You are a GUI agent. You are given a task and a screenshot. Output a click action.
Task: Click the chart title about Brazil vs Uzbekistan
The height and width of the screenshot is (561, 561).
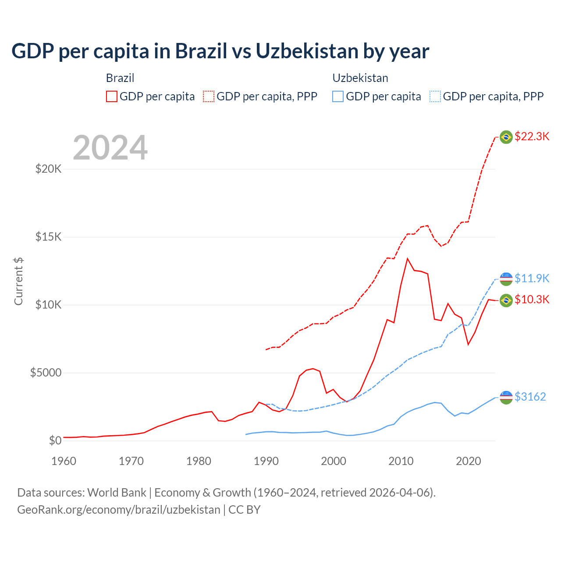tap(220, 51)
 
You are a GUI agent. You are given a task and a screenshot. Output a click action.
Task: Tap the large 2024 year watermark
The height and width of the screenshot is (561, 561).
tap(110, 148)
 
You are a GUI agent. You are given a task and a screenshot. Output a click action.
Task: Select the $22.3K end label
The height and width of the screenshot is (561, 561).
tap(532, 136)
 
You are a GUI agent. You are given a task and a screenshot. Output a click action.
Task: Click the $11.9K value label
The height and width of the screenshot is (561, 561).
tap(532, 278)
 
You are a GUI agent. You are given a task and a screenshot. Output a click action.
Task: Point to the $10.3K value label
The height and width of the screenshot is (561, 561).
tap(532, 299)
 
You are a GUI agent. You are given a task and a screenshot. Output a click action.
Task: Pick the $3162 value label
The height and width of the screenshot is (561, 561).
tap(530, 397)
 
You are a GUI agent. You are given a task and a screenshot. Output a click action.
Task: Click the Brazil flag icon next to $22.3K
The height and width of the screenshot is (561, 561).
tap(506, 137)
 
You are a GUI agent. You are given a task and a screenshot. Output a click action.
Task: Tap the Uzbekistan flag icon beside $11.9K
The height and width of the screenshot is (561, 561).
tap(506, 278)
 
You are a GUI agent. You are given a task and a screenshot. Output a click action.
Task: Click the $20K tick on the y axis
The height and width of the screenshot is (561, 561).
tap(48, 169)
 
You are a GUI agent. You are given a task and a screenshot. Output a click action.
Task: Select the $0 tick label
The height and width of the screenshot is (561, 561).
tap(55, 440)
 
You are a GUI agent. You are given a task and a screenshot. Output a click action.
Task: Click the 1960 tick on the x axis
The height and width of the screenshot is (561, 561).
tap(64, 461)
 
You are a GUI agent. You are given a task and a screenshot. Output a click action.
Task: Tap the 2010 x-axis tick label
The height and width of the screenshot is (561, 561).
tap(401, 461)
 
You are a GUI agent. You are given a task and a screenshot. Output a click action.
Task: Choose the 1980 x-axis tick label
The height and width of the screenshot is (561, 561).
tap(199, 461)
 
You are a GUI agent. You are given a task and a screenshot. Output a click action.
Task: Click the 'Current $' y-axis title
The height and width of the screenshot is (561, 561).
tap(18, 281)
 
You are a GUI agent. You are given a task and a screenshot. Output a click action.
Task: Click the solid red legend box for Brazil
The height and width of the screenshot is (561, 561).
tap(112, 96)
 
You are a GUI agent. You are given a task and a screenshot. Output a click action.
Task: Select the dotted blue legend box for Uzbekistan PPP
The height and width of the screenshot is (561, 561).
tap(435, 96)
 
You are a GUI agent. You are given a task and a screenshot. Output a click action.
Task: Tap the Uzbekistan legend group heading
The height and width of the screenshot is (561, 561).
tap(360, 78)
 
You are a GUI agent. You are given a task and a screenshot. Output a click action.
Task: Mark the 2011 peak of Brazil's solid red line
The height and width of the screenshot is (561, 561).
tap(408, 259)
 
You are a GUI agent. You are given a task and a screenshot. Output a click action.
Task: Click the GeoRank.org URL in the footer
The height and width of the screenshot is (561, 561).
tap(119, 510)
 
